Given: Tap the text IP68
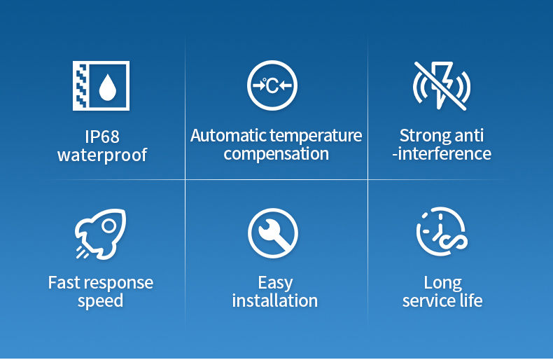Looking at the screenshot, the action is pyautogui.click(x=102, y=137).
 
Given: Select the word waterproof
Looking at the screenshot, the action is pyautogui.click(x=102, y=155).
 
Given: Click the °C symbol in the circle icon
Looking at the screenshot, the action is pyautogui.click(x=271, y=85).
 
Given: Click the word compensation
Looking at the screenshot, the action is pyautogui.click(x=276, y=154).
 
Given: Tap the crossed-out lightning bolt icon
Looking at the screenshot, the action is pyautogui.click(x=442, y=85).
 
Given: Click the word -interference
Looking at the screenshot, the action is pyautogui.click(x=442, y=154).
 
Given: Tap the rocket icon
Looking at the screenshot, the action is pyautogui.click(x=101, y=233).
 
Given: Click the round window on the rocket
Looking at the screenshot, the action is pyautogui.click(x=109, y=226).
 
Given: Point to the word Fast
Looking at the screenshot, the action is pyautogui.click(x=64, y=283).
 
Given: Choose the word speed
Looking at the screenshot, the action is pyautogui.click(x=101, y=301).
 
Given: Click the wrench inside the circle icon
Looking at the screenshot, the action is pyautogui.click(x=274, y=233).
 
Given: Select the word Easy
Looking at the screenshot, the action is pyautogui.click(x=275, y=283).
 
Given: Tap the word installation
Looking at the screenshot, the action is pyautogui.click(x=275, y=300).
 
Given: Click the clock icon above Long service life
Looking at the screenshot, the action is pyautogui.click(x=442, y=232).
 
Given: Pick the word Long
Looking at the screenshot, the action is pyautogui.click(x=442, y=283).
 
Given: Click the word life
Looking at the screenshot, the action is pyautogui.click(x=471, y=300).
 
